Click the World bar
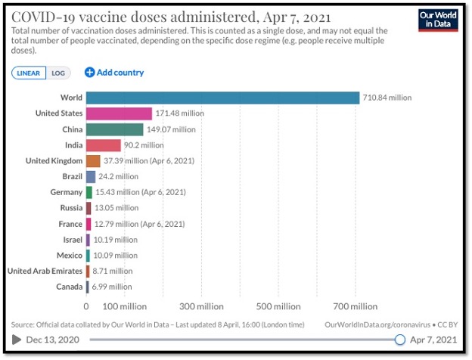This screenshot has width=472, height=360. (x=222, y=98)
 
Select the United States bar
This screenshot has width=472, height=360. (x=119, y=113)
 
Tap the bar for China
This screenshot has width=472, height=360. (x=114, y=129)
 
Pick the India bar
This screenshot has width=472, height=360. (x=103, y=145)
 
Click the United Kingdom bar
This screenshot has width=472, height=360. (x=93, y=161)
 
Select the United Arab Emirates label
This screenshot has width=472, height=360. (x=44, y=271)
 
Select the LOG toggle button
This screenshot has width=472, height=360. (x=58, y=73)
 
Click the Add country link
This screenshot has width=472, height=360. (x=114, y=73)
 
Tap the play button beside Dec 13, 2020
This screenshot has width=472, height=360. (x=17, y=340)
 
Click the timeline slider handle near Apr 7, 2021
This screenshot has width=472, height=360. (x=399, y=340)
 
